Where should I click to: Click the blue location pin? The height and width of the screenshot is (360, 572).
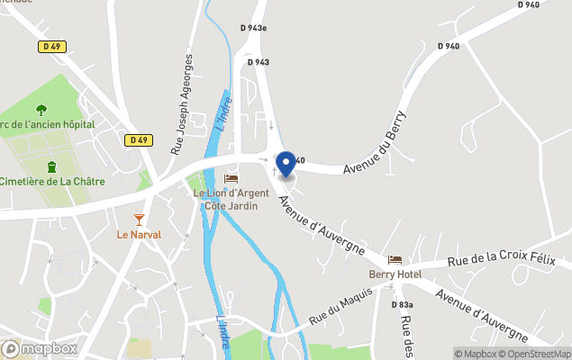click(286, 164)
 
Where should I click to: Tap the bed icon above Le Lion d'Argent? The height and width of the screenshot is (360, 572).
click(232, 178)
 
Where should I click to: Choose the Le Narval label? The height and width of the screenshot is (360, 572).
click(139, 235)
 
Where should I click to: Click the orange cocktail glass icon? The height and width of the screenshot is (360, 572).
click(139, 220)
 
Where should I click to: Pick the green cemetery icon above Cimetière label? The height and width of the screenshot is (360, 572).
click(52, 166)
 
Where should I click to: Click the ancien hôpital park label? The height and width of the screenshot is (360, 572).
click(49, 124)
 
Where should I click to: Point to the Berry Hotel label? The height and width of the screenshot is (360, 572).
click(395, 274)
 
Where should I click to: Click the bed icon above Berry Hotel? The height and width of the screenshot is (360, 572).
click(395, 259)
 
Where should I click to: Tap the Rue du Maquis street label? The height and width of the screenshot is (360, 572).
click(341, 307)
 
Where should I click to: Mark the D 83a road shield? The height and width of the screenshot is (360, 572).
click(403, 305)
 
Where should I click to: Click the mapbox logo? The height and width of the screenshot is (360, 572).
click(40, 348)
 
